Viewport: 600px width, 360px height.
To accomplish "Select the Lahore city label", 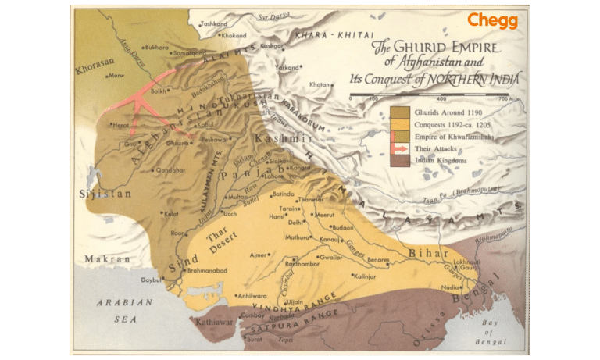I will [276, 176].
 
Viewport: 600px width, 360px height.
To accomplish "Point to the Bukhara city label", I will [156, 47].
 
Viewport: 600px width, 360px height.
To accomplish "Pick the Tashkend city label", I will [213, 24].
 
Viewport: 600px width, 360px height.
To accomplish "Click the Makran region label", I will [109, 258].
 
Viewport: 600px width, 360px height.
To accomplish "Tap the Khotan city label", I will [320, 84].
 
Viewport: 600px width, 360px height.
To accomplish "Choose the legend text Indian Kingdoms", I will [441, 159].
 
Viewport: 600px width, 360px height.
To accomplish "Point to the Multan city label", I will [237, 198].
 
